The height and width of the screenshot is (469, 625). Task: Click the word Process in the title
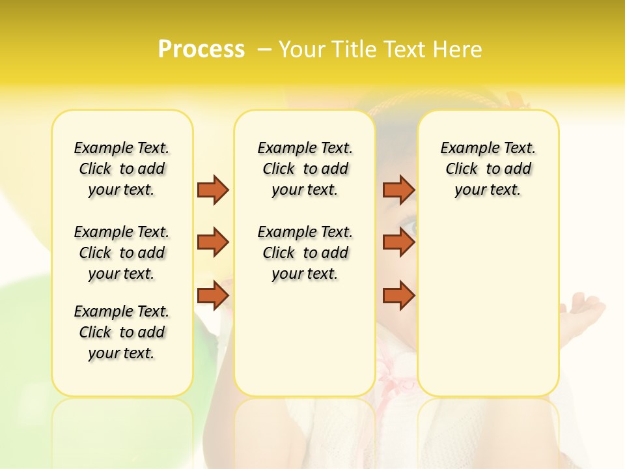(x=201, y=50)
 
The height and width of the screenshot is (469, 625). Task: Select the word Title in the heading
(x=355, y=50)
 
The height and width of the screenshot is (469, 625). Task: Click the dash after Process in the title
(x=264, y=50)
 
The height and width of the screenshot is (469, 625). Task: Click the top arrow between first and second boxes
(x=213, y=190)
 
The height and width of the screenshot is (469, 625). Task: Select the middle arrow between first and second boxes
(x=213, y=242)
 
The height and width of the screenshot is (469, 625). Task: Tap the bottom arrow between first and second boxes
(x=213, y=295)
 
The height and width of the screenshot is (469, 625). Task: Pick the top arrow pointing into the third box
(x=398, y=190)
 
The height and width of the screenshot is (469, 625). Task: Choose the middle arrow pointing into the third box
(x=398, y=242)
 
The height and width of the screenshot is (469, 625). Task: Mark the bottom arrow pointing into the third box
(x=398, y=295)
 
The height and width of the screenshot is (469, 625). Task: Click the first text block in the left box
(x=122, y=169)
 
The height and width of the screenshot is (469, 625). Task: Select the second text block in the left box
(x=122, y=253)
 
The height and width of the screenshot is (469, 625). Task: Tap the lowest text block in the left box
(x=122, y=332)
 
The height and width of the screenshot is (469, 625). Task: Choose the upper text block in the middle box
(x=305, y=169)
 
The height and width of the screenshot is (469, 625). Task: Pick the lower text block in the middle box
(x=305, y=253)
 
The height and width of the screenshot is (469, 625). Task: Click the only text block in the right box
(x=488, y=169)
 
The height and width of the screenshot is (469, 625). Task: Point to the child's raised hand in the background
(x=585, y=309)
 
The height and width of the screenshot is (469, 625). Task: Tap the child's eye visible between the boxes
(x=410, y=228)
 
